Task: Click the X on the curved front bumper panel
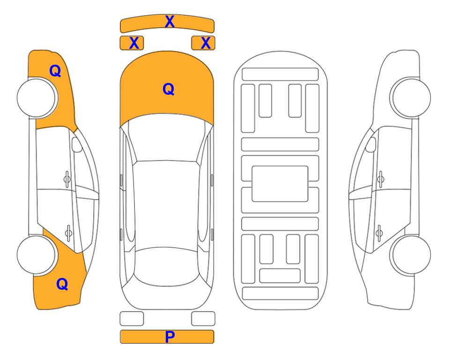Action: (170, 22)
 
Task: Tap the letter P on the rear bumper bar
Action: (170, 337)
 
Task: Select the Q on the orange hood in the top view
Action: (169, 89)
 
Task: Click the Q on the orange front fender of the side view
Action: (55, 71)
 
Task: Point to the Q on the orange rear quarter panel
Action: (62, 284)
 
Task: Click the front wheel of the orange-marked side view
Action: (37, 98)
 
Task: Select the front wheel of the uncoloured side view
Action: (410, 97)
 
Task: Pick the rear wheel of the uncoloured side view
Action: (410, 255)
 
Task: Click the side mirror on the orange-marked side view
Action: (77, 144)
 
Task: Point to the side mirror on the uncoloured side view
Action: (370, 144)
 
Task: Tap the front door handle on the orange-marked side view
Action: (67, 180)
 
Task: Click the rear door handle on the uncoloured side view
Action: (379, 233)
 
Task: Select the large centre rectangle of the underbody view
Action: (280, 184)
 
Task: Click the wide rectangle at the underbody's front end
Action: (280, 75)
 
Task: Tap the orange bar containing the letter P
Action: (167, 337)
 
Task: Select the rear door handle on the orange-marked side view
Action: (68, 233)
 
